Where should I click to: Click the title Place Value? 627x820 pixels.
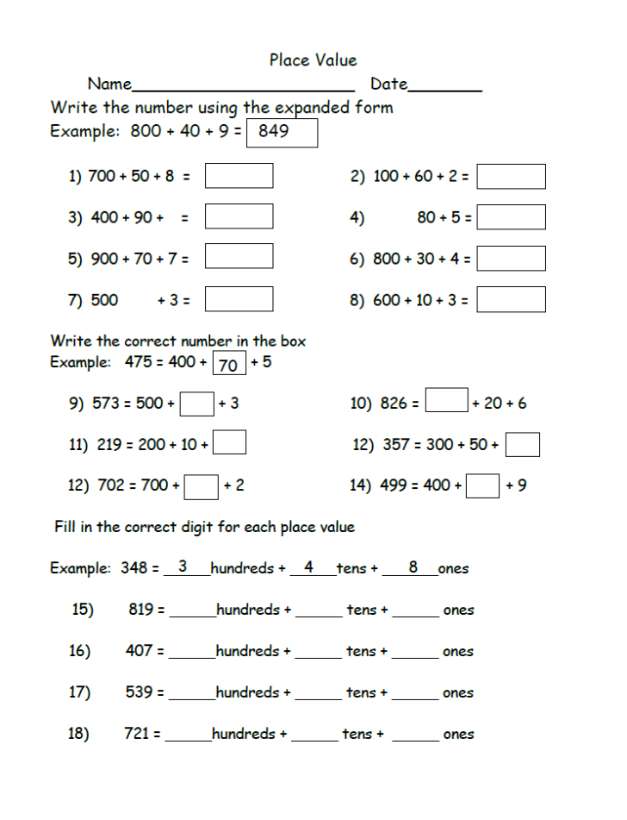pyautogui.click(x=313, y=60)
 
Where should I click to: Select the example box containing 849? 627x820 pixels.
pyautogui.click(x=282, y=133)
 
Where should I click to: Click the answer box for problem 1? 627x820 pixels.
pyautogui.click(x=239, y=176)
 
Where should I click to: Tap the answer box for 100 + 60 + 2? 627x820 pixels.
pyautogui.click(x=511, y=177)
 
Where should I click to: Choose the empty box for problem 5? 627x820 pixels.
pyautogui.click(x=239, y=257)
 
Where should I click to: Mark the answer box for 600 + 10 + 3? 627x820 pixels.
pyautogui.click(x=511, y=299)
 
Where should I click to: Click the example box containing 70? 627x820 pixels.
pyautogui.click(x=229, y=364)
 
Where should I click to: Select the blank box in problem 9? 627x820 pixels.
pyautogui.click(x=197, y=404)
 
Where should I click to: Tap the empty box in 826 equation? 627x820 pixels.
pyautogui.click(x=447, y=401)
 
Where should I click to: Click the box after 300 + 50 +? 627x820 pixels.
pyautogui.click(x=523, y=445)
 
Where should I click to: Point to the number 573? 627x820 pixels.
pyautogui.click(x=116, y=404)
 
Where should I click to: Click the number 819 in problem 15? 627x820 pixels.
pyautogui.click(x=141, y=610)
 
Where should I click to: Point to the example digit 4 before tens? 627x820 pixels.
pyautogui.click(x=308, y=567)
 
